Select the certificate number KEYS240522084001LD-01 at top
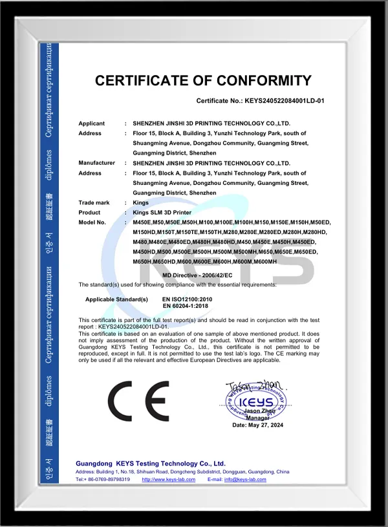pos(284,102)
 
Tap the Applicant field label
pos(91,123)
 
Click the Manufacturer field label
pos(96,163)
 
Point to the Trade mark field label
pos(94,202)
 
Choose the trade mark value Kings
pos(140,202)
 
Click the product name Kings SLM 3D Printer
pos(166,212)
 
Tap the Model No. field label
pos(92,222)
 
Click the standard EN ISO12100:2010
pos(188,299)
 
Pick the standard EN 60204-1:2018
pos(187,306)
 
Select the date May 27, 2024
pos(258,424)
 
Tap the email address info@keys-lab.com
pos(245,479)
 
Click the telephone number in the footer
pos(107,479)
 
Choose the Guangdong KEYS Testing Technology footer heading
pos(150,464)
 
